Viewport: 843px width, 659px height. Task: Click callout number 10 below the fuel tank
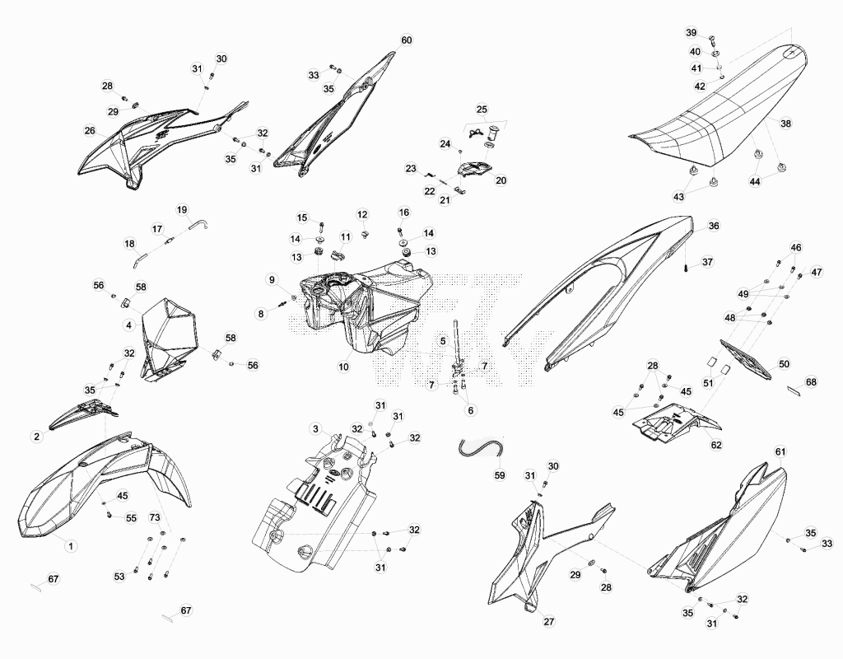coord(343,367)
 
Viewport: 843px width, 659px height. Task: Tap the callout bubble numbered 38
coord(786,124)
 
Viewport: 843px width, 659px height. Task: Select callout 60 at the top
coord(407,40)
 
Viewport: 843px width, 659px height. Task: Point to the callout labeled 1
coord(71,545)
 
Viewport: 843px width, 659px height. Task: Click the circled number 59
coord(500,475)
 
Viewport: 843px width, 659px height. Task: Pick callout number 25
coord(482,110)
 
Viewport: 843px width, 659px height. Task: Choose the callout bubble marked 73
coord(155,517)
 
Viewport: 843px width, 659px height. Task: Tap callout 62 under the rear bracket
coord(717,445)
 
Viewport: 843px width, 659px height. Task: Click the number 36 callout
coord(713,226)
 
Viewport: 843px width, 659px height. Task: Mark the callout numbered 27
coord(549,621)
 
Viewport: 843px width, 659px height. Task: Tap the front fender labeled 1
coord(102,484)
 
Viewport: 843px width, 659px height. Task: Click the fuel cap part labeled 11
coord(338,254)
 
